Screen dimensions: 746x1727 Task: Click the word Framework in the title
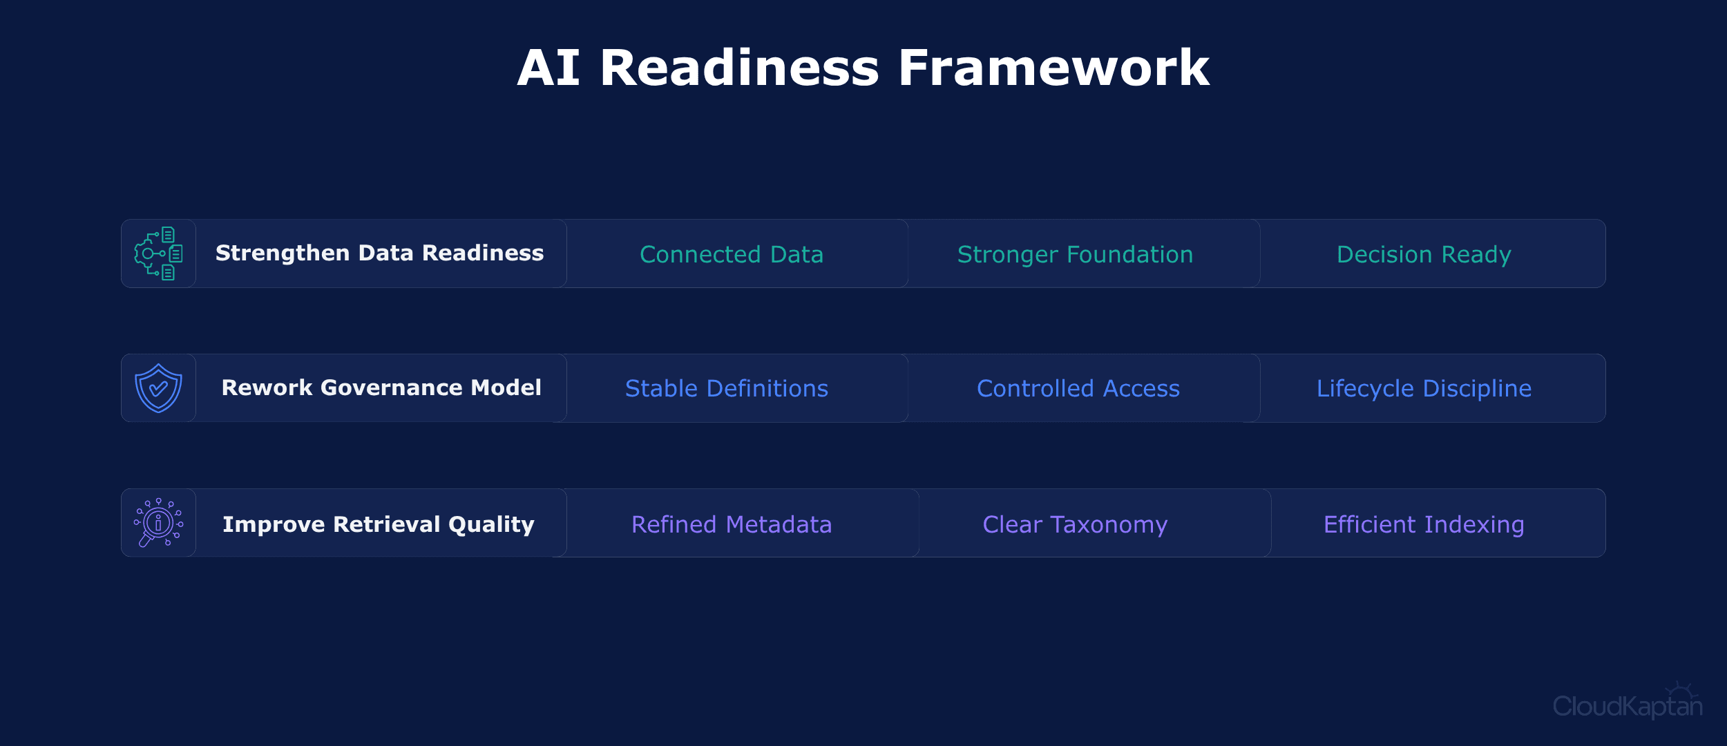[1053, 68]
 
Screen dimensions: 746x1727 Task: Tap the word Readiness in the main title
[739, 68]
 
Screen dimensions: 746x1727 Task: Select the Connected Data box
[732, 254]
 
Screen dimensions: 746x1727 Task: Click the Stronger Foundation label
[1075, 254]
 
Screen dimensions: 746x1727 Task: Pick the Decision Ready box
[1424, 254]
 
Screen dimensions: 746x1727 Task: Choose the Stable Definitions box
[727, 388]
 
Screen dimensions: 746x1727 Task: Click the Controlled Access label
[1078, 388]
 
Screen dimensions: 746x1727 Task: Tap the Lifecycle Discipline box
[1424, 388]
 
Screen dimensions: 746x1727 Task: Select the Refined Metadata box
[732, 524]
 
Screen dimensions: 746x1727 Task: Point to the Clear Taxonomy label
[1075, 524]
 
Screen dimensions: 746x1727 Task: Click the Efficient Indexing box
[1424, 524]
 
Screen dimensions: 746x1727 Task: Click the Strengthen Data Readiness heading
[379, 254]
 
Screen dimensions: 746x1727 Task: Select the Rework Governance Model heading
[381, 388]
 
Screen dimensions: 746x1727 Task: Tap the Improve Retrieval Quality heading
[379, 524]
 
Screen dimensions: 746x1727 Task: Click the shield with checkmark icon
[158, 388]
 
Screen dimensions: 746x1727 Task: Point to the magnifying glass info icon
[158, 523]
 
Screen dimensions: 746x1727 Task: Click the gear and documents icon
[158, 254]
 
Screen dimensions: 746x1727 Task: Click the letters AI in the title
[548, 68]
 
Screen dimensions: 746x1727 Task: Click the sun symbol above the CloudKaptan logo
[1679, 691]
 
